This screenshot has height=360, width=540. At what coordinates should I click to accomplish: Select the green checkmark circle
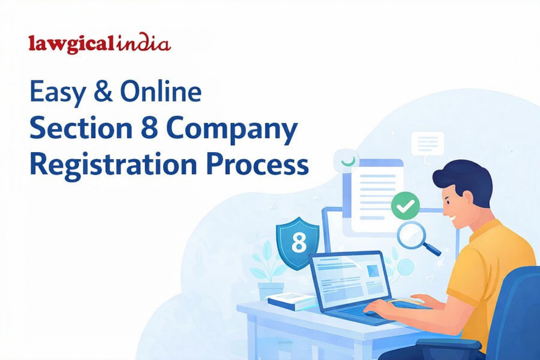click(x=406, y=206)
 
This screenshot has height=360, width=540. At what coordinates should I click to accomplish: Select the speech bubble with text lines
click(x=427, y=144)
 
